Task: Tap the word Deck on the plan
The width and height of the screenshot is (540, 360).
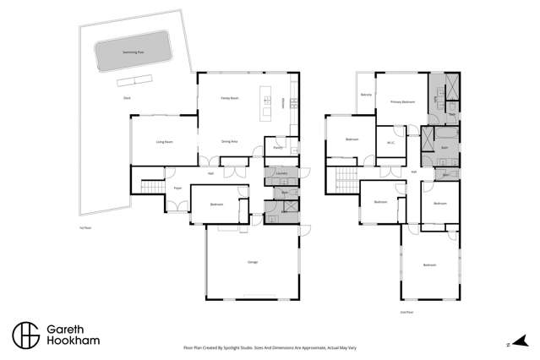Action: (x=127, y=99)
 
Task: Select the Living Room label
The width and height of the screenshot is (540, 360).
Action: (x=164, y=141)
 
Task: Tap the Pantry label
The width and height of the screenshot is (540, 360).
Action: (x=277, y=148)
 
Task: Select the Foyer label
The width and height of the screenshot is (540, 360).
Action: (x=177, y=188)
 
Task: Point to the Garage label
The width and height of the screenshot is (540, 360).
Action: (x=252, y=263)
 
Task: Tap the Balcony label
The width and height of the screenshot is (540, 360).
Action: (x=366, y=95)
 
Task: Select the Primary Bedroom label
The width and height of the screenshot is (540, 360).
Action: (x=401, y=102)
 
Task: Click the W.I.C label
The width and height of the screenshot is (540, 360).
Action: (x=391, y=142)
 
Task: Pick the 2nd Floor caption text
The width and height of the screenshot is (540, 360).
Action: (x=407, y=311)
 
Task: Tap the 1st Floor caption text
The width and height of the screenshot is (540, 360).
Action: (x=84, y=226)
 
